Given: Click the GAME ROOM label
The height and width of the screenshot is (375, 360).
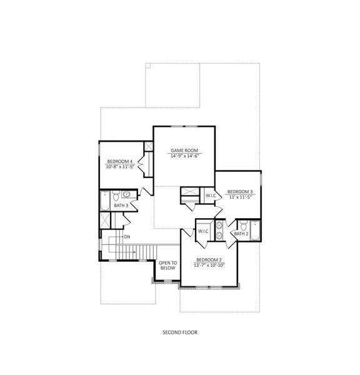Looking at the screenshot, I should tap(184, 151).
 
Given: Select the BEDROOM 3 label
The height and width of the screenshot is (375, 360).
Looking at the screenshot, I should tap(240, 191).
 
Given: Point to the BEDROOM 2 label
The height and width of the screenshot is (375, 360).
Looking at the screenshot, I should tap(209, 259).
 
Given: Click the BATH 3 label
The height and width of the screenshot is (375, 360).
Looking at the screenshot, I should tap(121, 205).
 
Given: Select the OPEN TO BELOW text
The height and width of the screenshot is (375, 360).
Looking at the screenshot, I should tap(167, 265).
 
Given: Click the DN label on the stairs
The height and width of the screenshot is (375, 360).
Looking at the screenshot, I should tap(127, 237).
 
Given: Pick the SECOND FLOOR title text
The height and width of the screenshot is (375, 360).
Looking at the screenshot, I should tap(179, 332).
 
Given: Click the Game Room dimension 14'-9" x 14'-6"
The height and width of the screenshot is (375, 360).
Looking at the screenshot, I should tap(184, 156).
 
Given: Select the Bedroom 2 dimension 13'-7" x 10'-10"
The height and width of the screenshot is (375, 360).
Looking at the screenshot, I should tap(209, 265).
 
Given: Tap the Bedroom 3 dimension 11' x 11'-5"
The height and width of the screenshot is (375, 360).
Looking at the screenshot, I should tap(240, 197).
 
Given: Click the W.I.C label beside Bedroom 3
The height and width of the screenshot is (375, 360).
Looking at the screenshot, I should tap(211, 196).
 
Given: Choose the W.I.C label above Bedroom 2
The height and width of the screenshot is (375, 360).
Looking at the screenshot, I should tap(203, 231).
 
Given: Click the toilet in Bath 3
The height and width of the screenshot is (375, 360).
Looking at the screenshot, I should tap(116, 194).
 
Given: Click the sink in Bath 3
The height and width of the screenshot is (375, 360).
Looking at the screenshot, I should tap(126, 194).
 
